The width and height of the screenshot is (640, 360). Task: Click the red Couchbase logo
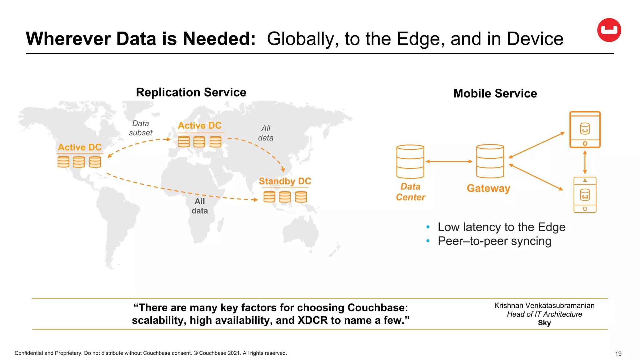click(609, 30)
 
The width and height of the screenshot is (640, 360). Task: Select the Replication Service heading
click(191, 92)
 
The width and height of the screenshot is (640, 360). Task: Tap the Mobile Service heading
click(495, 93)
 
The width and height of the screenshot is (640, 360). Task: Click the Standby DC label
click(285, 181)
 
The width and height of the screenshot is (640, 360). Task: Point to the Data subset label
click(141, 128)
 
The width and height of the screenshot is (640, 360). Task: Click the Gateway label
click(488, 188)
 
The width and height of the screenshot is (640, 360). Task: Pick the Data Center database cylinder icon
click(410, 161)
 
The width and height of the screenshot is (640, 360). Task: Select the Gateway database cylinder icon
click(490, 161)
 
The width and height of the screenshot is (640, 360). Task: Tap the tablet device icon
click(585, 129)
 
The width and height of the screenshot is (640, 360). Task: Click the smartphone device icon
click(585, 195)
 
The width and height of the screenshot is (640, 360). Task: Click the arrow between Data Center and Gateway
click(449, 162)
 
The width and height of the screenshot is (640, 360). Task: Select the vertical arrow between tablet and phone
click(585, 162)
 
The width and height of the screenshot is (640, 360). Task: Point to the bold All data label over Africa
click(200, 206)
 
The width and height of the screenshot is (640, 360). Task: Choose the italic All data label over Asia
click(266, 133)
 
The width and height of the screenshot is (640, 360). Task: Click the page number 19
click(618, 354)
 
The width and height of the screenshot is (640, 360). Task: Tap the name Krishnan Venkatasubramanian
click(544, 306)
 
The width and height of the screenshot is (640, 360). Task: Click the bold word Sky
click(544, 323)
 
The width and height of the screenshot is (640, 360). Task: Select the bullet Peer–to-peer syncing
click(494, 241)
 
